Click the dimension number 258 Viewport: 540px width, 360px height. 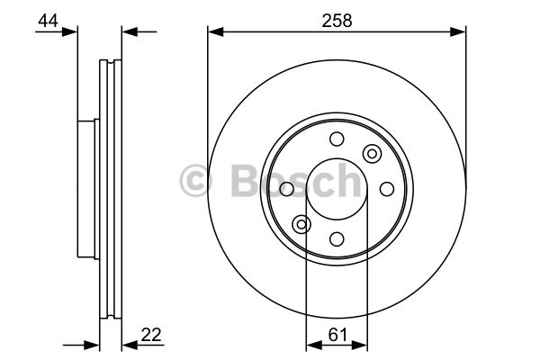coord(337,21)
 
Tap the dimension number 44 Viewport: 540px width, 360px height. coord(48,21)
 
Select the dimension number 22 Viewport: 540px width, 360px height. coord(151,334)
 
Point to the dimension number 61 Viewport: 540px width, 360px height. coord(338,335)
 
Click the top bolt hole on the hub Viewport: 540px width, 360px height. coord(337,139)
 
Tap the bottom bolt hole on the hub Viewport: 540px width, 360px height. coord(337,239)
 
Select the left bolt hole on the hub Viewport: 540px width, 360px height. coord(286,189)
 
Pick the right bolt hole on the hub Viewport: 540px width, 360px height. coord(387,189)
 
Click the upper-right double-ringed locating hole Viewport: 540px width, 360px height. coord(372,154)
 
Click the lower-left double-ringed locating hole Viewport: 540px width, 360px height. coord(301,225)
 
